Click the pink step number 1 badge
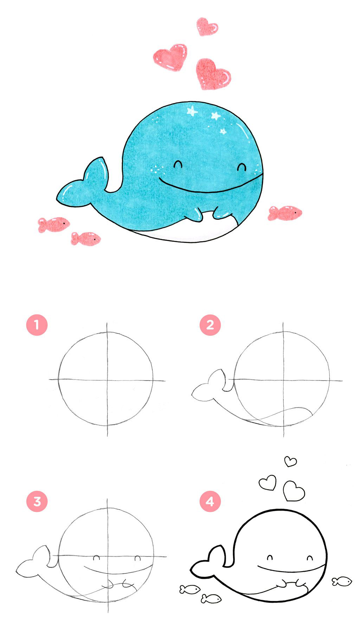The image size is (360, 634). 37,325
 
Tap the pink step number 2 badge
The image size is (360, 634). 210,325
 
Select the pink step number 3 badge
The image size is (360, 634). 37,501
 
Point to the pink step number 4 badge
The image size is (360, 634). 210,501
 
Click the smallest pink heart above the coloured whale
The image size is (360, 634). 207,26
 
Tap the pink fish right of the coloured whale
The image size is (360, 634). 285,213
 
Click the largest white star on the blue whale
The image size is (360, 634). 192,111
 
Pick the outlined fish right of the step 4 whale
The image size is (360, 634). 342,581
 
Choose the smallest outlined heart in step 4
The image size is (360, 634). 290,461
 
